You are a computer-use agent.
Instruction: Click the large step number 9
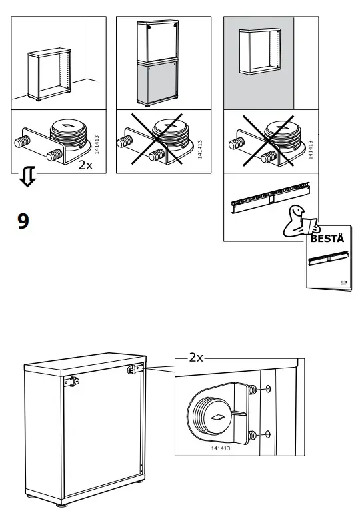point(23,221)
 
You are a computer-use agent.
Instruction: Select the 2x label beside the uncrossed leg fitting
point(86,165)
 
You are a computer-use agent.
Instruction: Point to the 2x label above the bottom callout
point(195,357)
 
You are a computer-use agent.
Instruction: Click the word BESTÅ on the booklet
point(327,238)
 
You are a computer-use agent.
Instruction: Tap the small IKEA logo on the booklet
point(343,282)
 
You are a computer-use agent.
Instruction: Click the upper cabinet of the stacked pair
point(158,41)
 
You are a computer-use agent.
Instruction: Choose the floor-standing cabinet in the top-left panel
point(50,75)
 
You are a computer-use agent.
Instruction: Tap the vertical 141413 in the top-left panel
point(97,145)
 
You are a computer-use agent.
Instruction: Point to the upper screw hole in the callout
point(267,390)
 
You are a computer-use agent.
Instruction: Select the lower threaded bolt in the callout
point(251,436)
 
